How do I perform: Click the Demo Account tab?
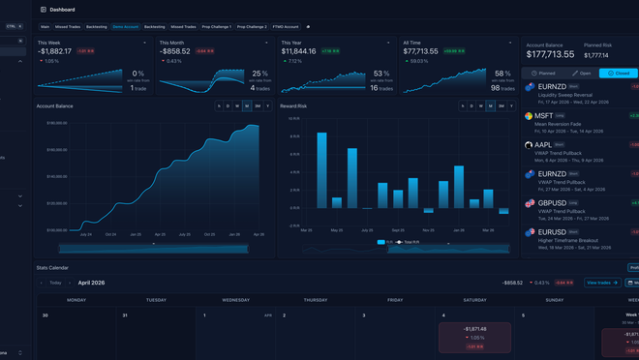[x=125, y=27]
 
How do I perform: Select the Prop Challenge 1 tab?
[x=216, y=27]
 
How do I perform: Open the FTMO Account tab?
[x=286, y=27]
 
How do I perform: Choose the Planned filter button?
[x=543, y=74]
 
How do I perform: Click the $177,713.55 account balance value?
[x=550, y=55]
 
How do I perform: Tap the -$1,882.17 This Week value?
[x=55, y=51]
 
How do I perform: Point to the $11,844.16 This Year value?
[x=299, y=51]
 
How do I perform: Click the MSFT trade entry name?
[x=544, y=116]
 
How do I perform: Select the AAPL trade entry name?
[x=543, y=145]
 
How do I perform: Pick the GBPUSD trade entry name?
[x=551, y=204]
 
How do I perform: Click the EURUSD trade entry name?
[x=551, y=233]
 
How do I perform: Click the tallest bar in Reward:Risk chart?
[x=321, y=170]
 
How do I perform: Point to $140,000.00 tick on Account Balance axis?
[x=56, y=177]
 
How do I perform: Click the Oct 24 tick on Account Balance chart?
[x=111, y=234]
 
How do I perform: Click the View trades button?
[x=602, y=283]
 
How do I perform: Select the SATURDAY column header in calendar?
[x=474, y=300]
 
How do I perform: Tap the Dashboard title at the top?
[x=62, y=10]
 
